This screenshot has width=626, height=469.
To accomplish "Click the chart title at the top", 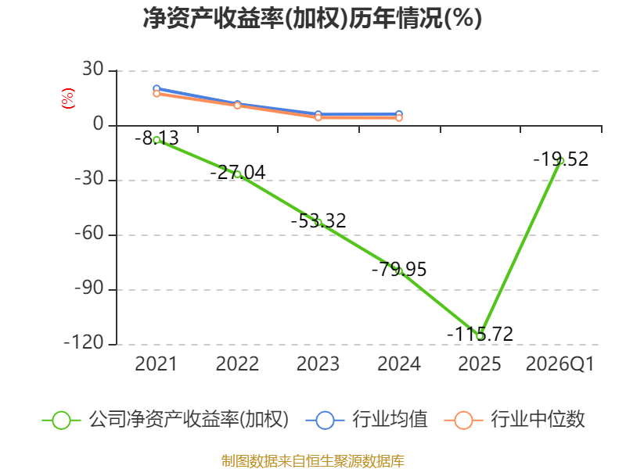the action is (312, 19).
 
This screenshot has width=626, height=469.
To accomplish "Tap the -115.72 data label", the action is (480, 334).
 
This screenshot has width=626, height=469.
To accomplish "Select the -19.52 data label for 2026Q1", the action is (561, 159).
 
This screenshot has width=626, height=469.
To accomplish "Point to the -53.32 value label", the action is (318, 220).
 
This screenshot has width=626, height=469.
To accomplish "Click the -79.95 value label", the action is (399, 269).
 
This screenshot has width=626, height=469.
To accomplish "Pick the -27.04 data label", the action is (238, 172).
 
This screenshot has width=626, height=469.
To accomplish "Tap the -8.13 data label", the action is (156, 138).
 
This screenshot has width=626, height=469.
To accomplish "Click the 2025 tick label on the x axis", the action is (480, 363).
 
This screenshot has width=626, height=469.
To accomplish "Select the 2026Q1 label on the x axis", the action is (560, 363).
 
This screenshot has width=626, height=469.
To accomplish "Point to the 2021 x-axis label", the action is (156, 363).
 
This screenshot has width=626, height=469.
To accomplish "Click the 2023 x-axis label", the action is (318, 363).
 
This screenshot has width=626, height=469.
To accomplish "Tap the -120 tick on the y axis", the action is (84, 342).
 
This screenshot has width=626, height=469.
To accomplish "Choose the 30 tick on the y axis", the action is (93, 70).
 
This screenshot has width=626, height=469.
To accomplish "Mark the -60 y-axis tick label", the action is (89, 233).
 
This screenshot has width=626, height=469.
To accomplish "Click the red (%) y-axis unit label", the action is (68, 98).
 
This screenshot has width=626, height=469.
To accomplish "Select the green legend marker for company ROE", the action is (61, 421).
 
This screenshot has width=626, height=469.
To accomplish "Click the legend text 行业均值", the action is (390, 419).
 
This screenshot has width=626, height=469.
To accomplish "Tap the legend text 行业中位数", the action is (538, 419).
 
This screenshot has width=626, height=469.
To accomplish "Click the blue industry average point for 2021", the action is (156, 88).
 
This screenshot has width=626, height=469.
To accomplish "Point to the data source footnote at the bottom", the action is (313, 461).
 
